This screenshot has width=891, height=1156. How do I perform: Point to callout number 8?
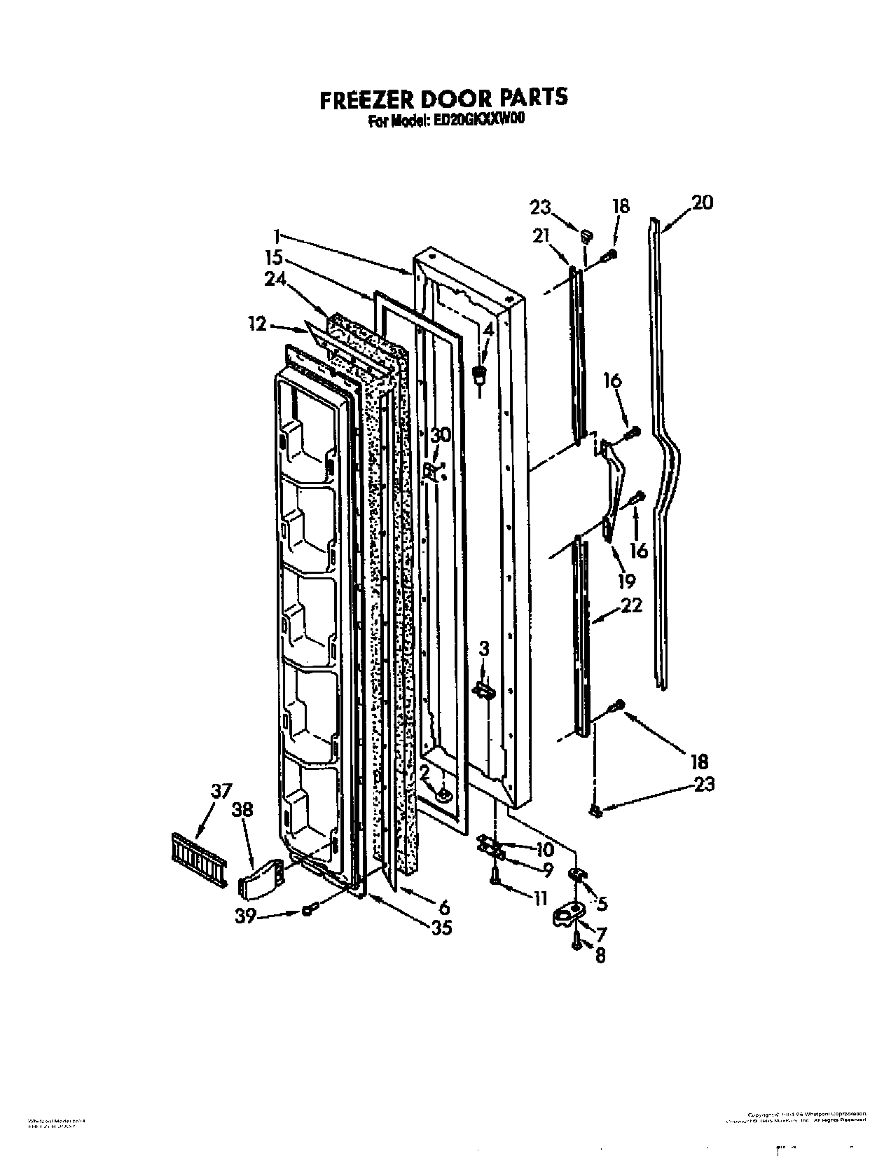(600, 955)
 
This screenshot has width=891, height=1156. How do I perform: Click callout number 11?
(539, 898)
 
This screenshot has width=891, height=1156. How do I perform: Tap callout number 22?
(632, 604)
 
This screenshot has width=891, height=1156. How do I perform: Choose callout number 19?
(626, 580)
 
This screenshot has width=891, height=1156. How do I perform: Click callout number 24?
(275, 279)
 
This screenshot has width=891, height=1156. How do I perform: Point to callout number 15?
(274, 256)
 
